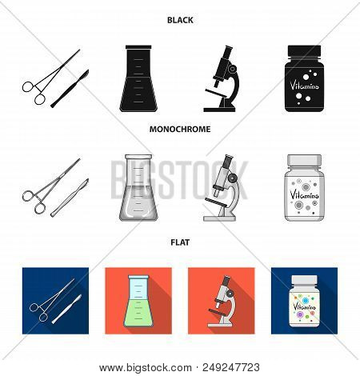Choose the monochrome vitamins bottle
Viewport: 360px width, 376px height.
310,190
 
